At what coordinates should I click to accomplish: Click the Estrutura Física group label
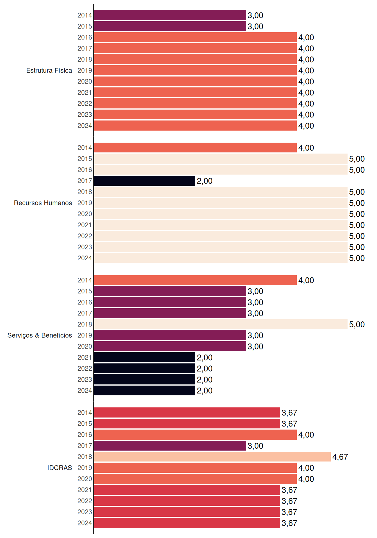pos(49,70)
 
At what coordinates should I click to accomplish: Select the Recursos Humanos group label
pos(43,203)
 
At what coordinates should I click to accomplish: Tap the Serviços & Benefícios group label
pos(40,335)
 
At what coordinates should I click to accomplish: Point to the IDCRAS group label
pos(59,468)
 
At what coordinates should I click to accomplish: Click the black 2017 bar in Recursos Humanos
pos(144,181)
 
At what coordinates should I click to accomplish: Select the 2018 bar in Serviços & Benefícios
pos(221,324)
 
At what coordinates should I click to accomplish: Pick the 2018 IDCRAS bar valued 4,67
pos(212,457)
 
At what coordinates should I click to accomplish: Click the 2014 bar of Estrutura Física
pos(170,15)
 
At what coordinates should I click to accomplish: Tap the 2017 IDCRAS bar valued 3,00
pos(170,446)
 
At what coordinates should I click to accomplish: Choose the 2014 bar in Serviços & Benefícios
pos(195,280)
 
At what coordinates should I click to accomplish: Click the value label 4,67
pos(340,457)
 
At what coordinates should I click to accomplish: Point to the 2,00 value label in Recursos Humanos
pos(204,181)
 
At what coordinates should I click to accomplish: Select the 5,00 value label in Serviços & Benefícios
pos(357,324)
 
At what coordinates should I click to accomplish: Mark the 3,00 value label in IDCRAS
pos(255,446)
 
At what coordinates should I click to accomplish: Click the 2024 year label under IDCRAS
pos(85,523)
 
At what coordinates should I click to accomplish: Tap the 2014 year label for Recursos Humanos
pos(85,148)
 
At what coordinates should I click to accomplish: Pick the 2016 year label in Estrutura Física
pos(85,37)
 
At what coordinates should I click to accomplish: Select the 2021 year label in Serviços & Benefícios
pos(85,358)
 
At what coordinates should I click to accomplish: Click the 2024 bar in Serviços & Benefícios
pos(144,390)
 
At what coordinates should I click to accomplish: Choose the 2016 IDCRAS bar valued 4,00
pos(195,435)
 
